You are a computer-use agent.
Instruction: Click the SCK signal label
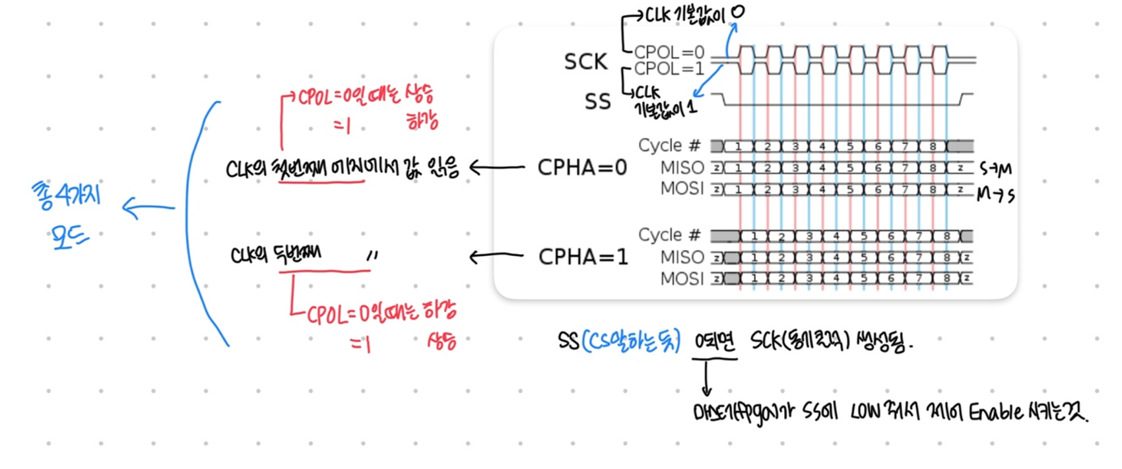585,61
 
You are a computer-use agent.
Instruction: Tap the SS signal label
597,102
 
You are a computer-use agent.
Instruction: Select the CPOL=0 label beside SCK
669,51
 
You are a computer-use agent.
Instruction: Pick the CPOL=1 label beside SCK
669,69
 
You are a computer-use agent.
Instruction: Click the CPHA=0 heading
582,168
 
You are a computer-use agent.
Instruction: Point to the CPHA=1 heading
583,257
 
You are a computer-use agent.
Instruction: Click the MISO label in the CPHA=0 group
682,168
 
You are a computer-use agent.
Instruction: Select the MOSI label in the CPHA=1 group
682,278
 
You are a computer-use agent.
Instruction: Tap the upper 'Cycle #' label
669,145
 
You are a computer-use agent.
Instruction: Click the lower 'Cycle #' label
669,235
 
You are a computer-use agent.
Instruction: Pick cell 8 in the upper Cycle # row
932,146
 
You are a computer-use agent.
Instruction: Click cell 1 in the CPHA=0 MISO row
738,168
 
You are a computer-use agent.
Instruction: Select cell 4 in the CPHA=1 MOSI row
836,278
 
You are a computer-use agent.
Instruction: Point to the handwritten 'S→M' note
995,170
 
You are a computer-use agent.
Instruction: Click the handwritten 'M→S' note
995,194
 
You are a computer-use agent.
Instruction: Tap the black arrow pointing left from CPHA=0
496,168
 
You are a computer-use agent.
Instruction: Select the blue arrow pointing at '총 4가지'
148,208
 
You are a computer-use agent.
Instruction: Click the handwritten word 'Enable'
996,412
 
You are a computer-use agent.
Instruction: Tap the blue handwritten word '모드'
69,236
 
